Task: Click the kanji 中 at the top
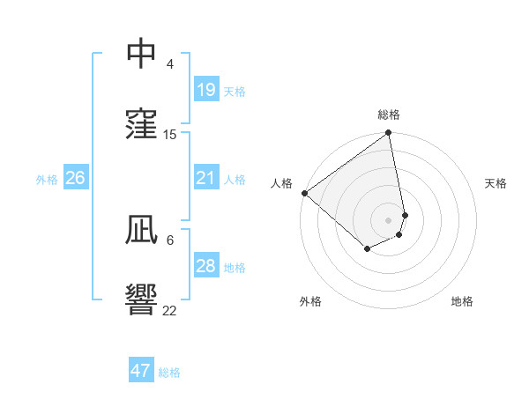[141, 55]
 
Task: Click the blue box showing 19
[205, 90]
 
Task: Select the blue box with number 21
[205, 178]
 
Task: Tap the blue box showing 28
[205, 266]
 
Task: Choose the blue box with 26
[75, 178]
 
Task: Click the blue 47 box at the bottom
[140, 371]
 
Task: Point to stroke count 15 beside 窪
[170, 135]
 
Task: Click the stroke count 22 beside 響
[170, 309]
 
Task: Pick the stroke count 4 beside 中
[170, 64]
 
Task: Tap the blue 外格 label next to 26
[47, 179]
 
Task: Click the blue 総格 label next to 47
[169, 372]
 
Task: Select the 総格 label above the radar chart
[389, 115]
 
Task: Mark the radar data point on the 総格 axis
[388, 134]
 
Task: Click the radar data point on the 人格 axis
[304, 193]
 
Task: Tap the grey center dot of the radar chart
[388, 219]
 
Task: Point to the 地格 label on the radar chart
[462, 301]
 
